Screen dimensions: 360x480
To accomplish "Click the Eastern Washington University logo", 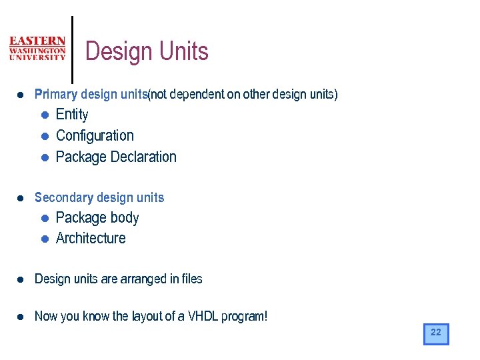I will point(37,49).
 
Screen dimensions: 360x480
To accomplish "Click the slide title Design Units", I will point(147,51).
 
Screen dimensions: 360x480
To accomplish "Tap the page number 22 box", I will point(436,333).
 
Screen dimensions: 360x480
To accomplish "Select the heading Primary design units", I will point(91,95).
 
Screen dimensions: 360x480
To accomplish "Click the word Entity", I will point(72,115).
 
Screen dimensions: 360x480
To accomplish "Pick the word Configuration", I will point(95,136).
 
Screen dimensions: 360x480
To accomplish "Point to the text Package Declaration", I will point(116,157).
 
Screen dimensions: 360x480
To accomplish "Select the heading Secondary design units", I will point(99,197).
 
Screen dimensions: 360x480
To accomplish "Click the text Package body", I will point(97,218).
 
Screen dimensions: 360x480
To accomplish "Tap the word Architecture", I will point(91,239).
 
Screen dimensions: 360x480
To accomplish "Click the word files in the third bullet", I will point(192,279).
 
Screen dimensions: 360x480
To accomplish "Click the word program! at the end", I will point(246,317).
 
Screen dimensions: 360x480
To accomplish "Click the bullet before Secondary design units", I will point(21,198).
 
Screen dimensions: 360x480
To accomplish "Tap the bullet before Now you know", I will point(21,317).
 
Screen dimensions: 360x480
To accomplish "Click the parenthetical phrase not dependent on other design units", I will point(243,95).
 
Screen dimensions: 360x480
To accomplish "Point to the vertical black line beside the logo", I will point(72,50).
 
